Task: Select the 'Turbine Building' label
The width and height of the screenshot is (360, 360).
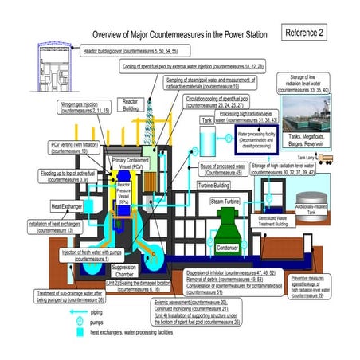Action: [x=220, y=185]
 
